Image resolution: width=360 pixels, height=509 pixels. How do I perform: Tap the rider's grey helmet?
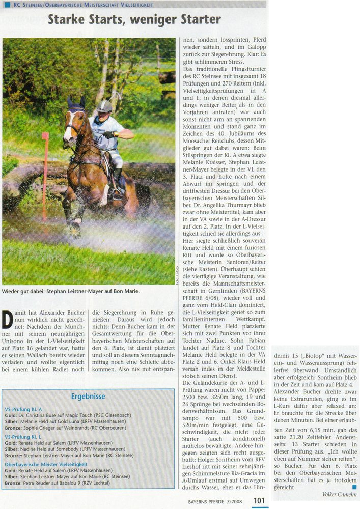click(x=104, y=106)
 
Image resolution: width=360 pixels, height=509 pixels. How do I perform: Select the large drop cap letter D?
click(x=8, y=320)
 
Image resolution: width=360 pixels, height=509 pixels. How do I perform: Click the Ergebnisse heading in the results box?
click(x=88, y=396)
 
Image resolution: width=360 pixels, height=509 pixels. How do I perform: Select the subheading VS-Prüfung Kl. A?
click(x=23, y=409)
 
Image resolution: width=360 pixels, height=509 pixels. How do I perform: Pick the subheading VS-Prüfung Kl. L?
click(x=23, y=437)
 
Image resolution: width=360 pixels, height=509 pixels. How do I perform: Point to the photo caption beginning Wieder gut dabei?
click(x=71, y=292)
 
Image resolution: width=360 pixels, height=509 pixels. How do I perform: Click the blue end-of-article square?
click(x=354, y=486)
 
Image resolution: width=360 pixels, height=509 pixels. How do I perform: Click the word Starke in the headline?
click(x=68, y=20)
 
